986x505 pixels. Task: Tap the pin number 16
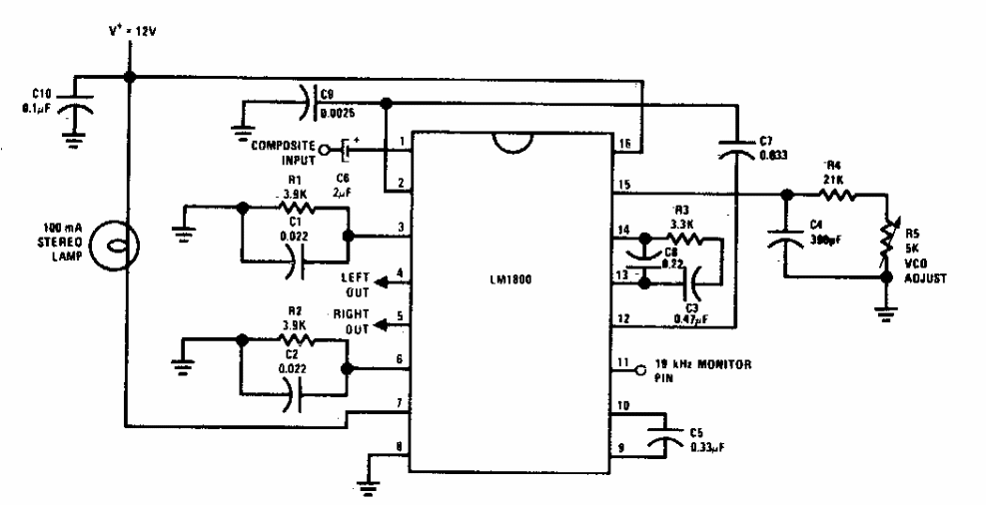[x=623, y=146]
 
